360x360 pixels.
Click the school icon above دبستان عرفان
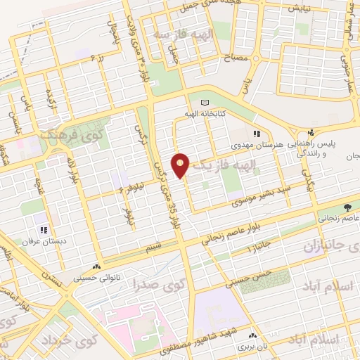[44, 229]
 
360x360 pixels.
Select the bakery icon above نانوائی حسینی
[96, 268]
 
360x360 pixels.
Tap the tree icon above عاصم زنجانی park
[347, 208]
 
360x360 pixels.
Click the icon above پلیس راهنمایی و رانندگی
[310, 133]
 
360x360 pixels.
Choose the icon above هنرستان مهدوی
[257, 133]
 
